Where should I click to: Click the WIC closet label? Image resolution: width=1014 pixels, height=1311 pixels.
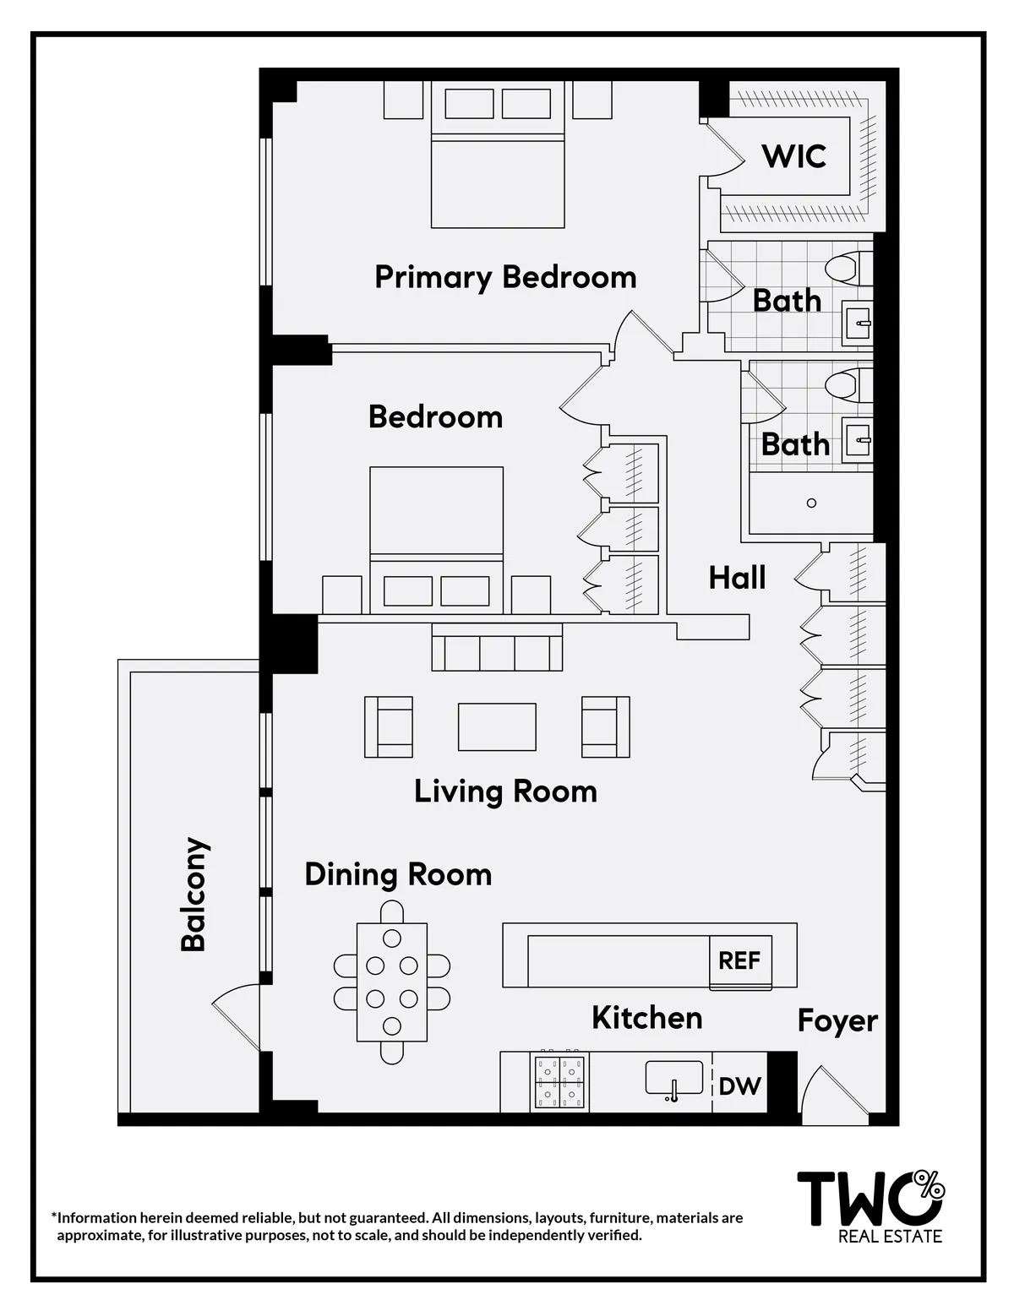[x=793, y=156]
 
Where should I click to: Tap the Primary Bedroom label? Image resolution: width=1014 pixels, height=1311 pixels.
[x=505, y=277]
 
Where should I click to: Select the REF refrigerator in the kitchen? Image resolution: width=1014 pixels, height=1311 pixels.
[x=739, y=961]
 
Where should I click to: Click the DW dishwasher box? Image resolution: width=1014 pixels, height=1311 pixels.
[x=739, y=1086]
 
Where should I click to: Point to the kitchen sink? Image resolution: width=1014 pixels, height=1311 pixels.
[x=673, y=1080]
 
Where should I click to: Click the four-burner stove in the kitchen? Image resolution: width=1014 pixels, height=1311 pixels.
[x=560, y=1082]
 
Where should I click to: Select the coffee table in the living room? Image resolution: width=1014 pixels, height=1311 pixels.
[x=497, y=726]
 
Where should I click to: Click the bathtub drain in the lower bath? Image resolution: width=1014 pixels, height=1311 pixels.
[x=811, y=503]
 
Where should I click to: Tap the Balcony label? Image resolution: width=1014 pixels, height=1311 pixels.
[x=194, y=895]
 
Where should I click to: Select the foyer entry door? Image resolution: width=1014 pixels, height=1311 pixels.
[x=824, y=1096]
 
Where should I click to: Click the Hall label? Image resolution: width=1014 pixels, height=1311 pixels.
[x=737, y=578]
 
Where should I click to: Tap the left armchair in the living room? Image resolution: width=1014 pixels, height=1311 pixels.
[x=389, y=726]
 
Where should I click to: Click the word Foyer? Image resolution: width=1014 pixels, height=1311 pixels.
[x=837, y=1021]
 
